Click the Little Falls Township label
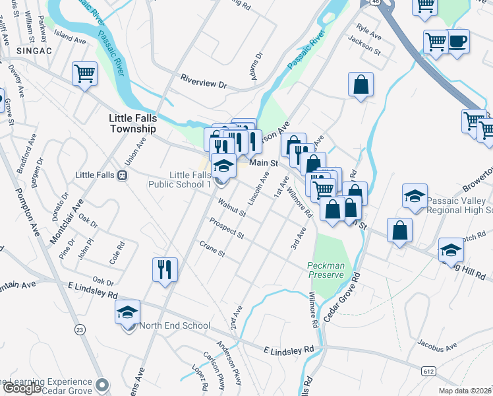[132, 123]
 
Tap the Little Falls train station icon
[122, 175]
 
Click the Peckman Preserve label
[326, 270]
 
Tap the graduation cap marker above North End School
[128, 312]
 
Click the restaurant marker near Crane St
[165, 269]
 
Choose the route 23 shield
[80, 329]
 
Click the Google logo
[22, 388]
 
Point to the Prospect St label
[227, 228]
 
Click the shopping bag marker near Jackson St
[361, 85]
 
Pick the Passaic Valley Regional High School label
[459, 206]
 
